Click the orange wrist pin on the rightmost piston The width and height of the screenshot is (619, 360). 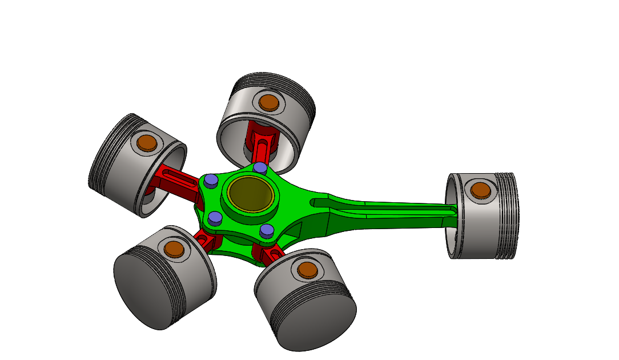tap(481, 190)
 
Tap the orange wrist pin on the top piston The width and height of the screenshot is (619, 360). tap(268, 102)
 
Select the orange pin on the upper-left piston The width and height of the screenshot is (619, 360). tap(146, 142)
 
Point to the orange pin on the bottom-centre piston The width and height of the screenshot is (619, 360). tap(307, 269)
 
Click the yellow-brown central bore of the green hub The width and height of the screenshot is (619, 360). tap(251, 193)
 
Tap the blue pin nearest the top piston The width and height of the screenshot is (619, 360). tap(260, 167)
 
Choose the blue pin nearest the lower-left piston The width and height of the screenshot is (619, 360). tap(215, 217)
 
